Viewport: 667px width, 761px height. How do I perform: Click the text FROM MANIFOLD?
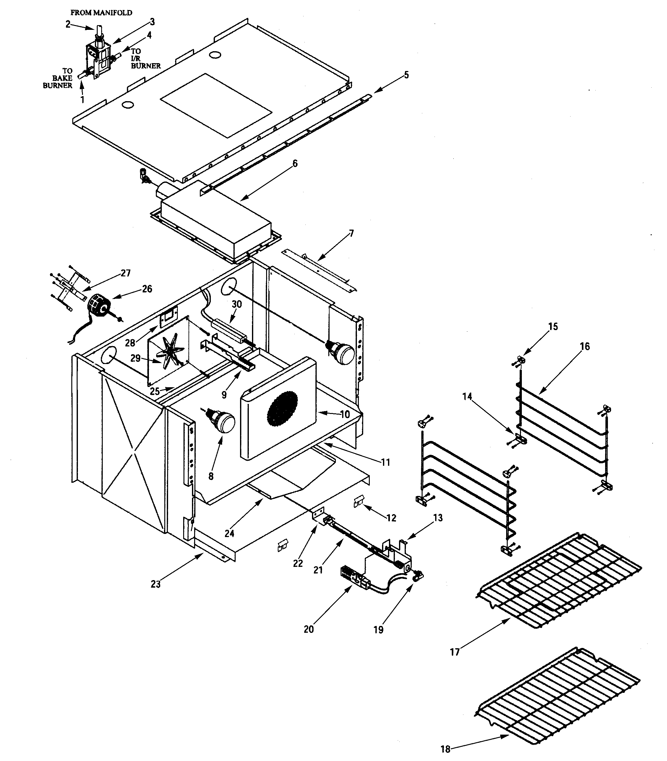[101, 13]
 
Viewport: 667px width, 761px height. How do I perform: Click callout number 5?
[407, 75]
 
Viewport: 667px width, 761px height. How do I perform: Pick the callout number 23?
[156, 584]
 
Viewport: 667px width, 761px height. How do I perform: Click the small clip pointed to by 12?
[358, 503]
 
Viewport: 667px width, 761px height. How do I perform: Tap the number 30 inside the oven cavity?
[237, 304]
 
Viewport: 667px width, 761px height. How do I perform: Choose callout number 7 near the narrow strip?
[351, 233]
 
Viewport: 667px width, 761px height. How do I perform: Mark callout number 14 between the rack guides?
[467, 397]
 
